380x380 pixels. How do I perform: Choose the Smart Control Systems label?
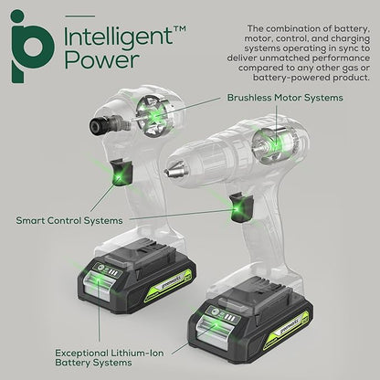(x=72, y=220)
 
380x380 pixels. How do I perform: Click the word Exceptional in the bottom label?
(x=84, y=351)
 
